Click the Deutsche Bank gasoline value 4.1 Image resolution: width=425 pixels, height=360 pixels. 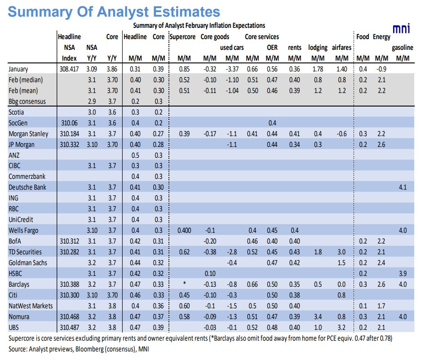(402, 187)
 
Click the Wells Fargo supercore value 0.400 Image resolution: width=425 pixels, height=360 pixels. (184, 230)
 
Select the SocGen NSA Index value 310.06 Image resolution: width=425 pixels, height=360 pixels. (68, 123)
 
